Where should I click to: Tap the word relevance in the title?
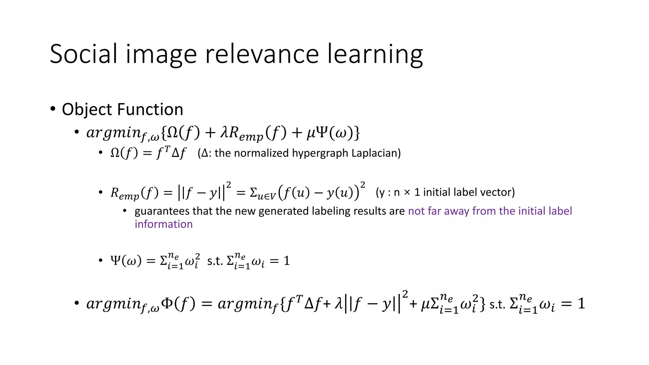click(x=262, y=54)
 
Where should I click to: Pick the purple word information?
click(x=164, y=224)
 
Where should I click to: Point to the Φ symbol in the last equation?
click(x=167, y=303)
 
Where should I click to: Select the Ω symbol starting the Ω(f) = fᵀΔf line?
click(x=115, y=153)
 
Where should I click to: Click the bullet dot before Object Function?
click(x=53, y=109)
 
